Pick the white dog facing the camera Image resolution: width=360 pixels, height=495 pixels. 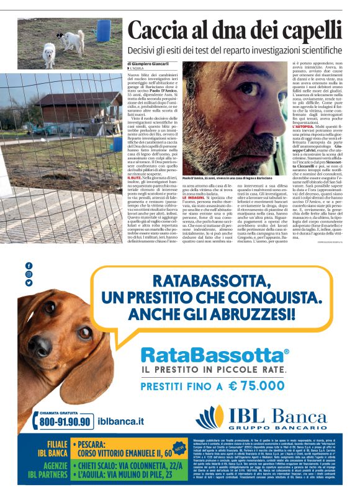(x=49, y=54)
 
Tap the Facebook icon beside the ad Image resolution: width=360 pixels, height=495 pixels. (x=29, y=265)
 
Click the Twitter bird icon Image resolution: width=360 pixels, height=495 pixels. (x=29, y=283)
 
